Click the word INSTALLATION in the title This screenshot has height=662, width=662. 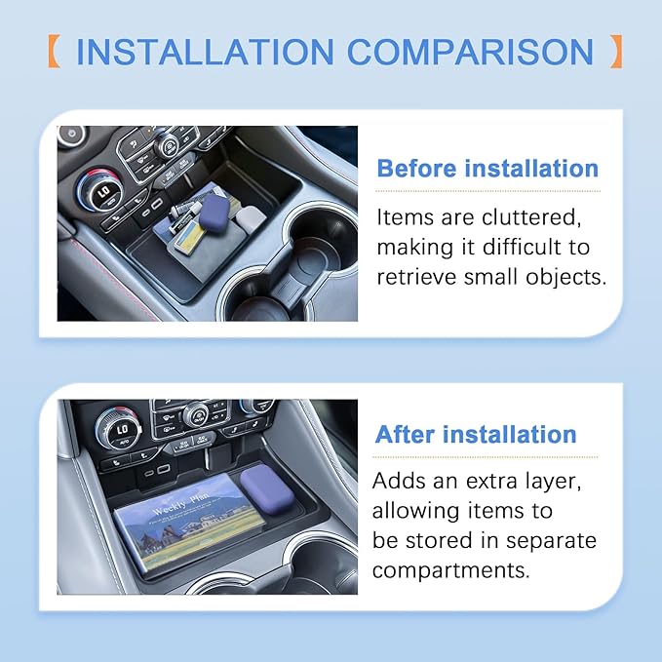click(x=205, y=52)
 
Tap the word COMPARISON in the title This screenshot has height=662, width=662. click(x=470, y=52)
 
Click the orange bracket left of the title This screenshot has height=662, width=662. click(x=54, y=52)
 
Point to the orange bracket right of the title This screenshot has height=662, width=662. click(x=616, y=52)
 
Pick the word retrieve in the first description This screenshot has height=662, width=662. click(x=416, y=278)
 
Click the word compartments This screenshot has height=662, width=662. click(x=450, y=570)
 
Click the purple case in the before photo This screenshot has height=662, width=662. click(x=214, y=210)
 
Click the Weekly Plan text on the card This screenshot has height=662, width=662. click(x=180, y=503)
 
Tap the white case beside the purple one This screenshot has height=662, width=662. click(x=251, y=216)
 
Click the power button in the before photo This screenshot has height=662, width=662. click(x=72, y=134)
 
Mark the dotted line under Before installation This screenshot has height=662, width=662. click(x=487, y=191)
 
